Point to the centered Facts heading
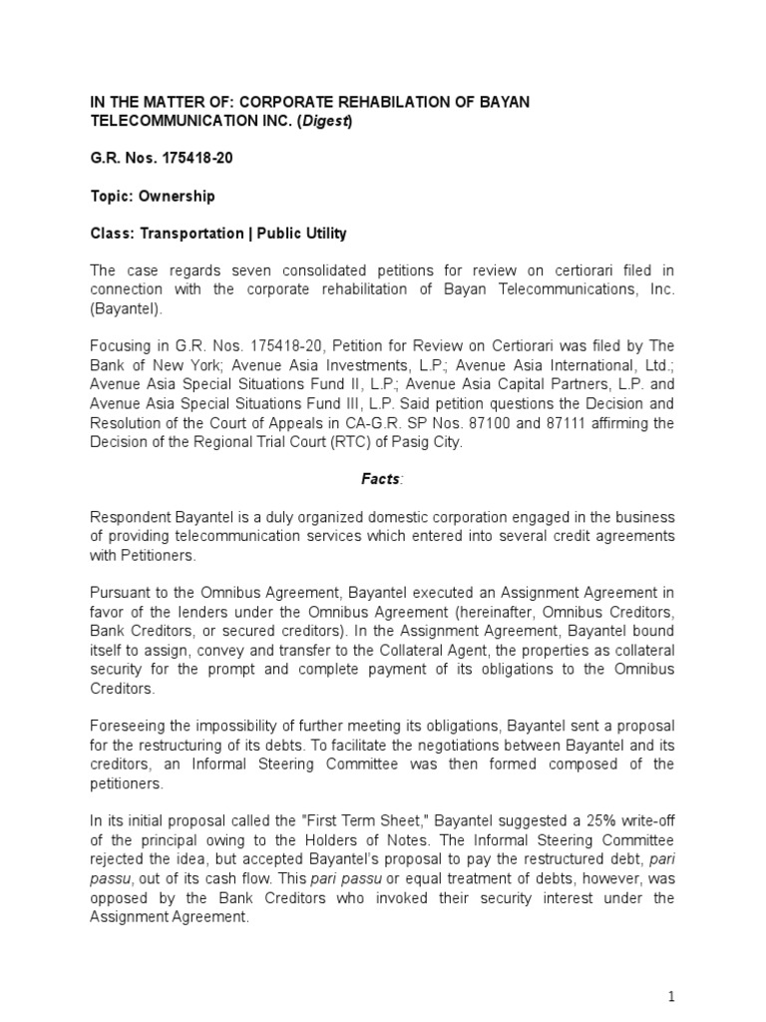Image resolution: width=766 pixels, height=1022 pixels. point(380,478)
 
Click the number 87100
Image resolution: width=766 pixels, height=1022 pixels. point(542,423)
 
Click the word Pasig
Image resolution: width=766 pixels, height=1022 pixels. point(407,441)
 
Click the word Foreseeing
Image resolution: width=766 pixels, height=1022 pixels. point(131,728)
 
